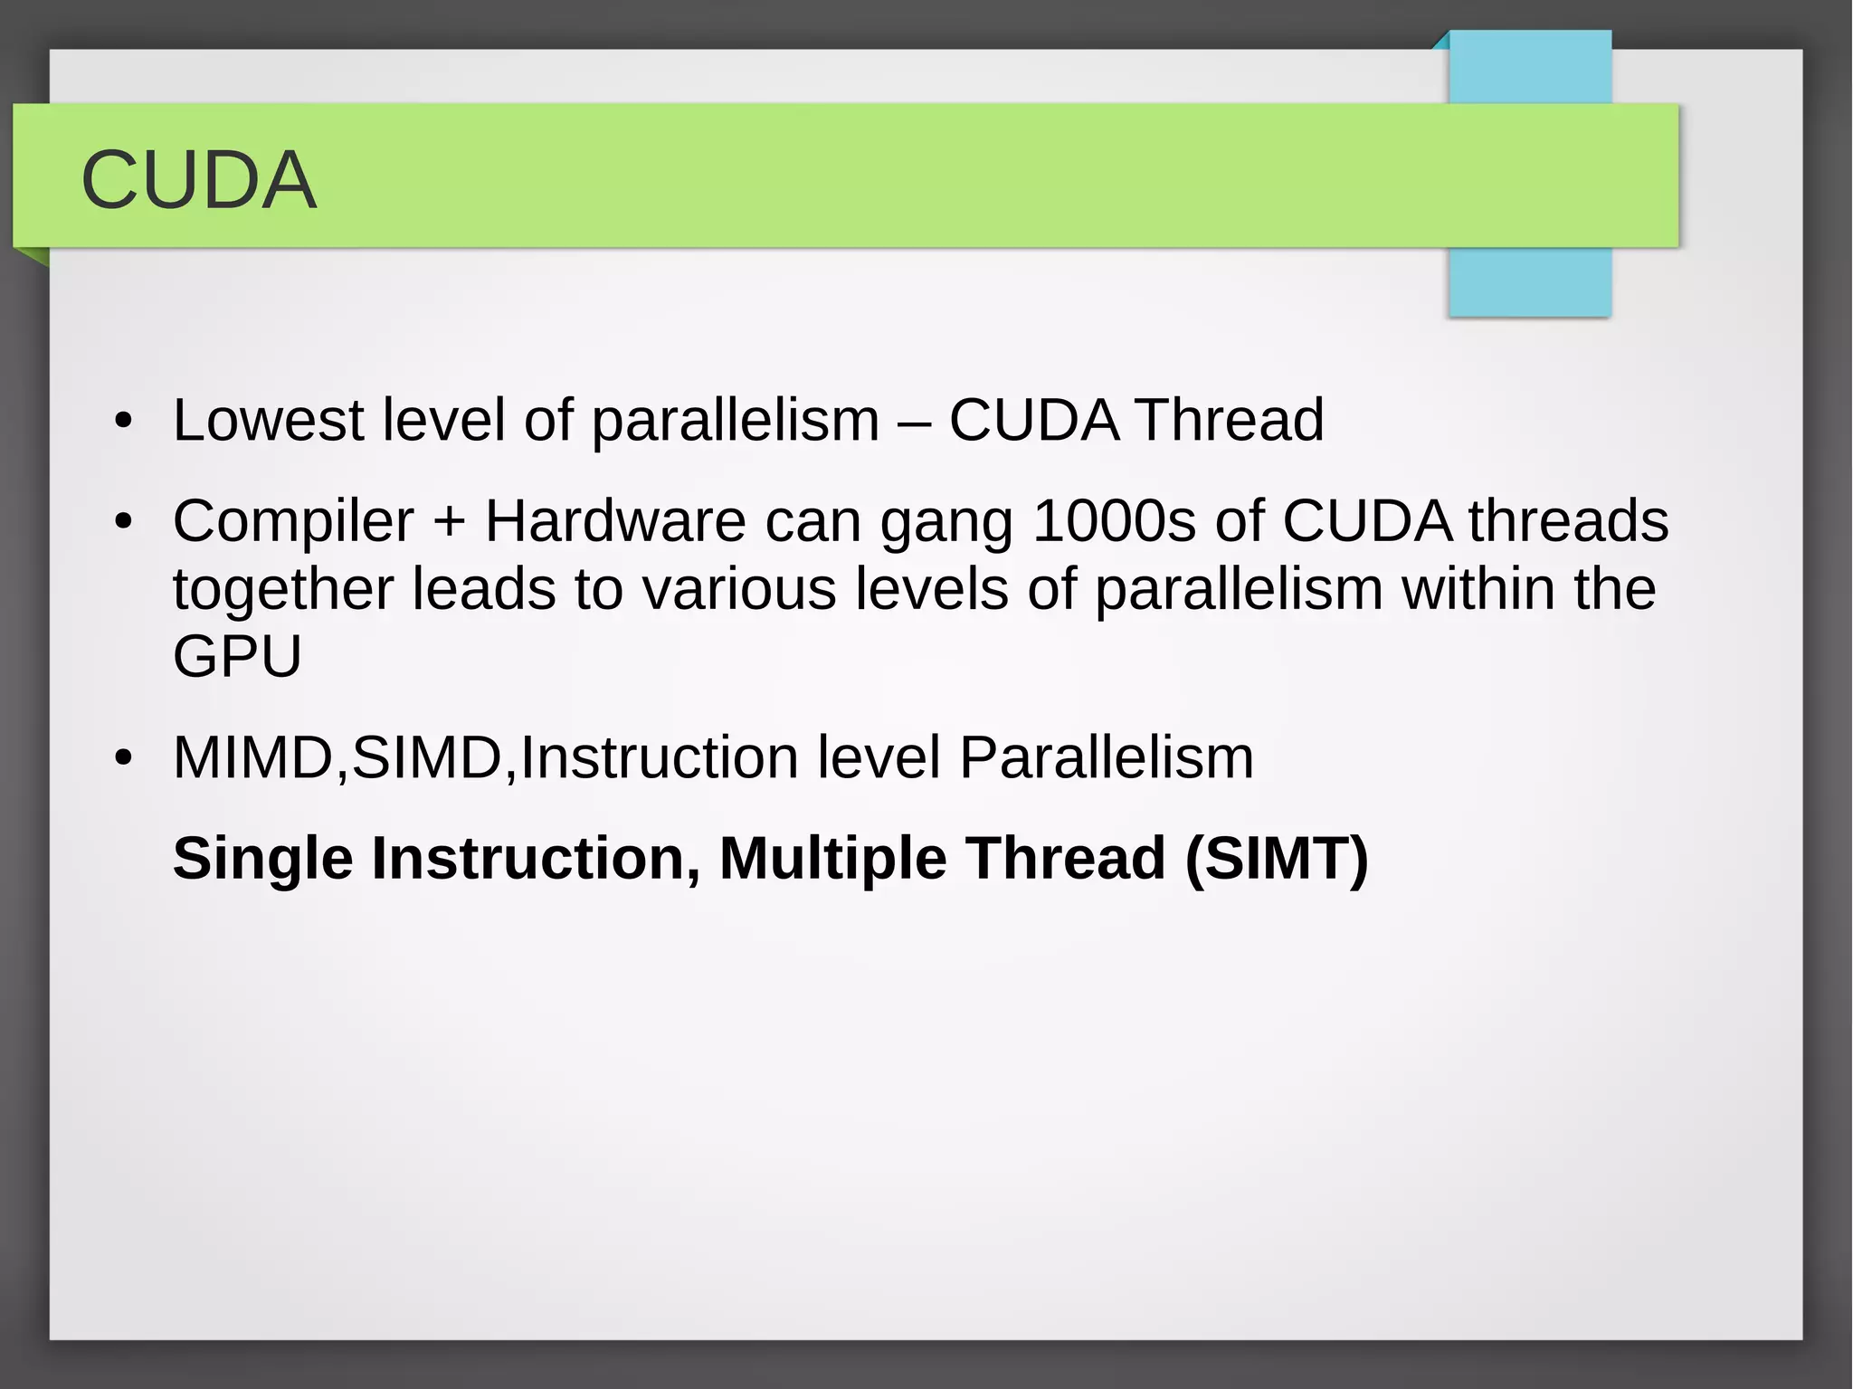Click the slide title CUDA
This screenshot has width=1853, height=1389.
(x=198, y=180)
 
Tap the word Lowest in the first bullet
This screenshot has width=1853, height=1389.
(x=268, y=421)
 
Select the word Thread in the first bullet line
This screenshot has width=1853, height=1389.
(x=1230, y=421)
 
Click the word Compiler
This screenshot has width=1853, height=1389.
(x=292, y=522)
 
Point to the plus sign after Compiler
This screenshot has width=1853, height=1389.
(x=449, y=524)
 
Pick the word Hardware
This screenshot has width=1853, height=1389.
(x=614, y=522)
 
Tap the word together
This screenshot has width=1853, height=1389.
(x=282, y=590)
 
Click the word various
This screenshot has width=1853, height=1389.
(x=739, y=590)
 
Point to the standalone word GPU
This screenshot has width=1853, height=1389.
(x=237, y=657)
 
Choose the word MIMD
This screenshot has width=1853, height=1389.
(x=253, y=758)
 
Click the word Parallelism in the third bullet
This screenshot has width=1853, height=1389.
(x=1106, y=758)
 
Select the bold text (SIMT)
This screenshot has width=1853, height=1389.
(x=1277, y=859)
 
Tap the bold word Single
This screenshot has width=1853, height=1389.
(x=262, y=859)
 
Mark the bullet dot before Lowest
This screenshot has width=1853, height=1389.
(x=124, y=422)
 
